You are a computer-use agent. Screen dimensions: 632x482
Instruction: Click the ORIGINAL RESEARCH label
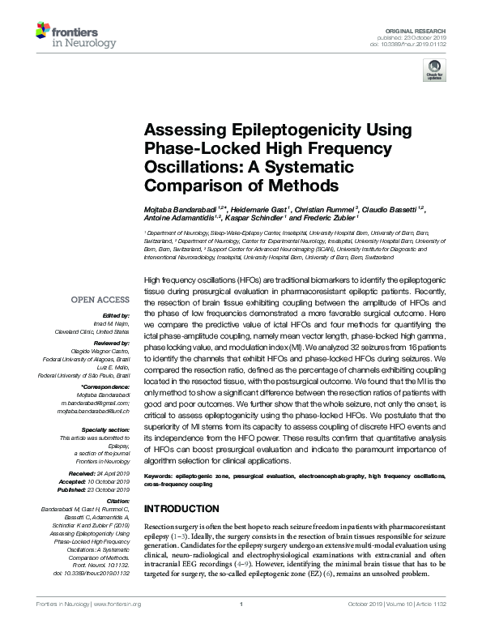click(x=424, y=29)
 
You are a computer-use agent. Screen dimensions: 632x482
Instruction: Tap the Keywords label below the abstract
click(x=160, y=476)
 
